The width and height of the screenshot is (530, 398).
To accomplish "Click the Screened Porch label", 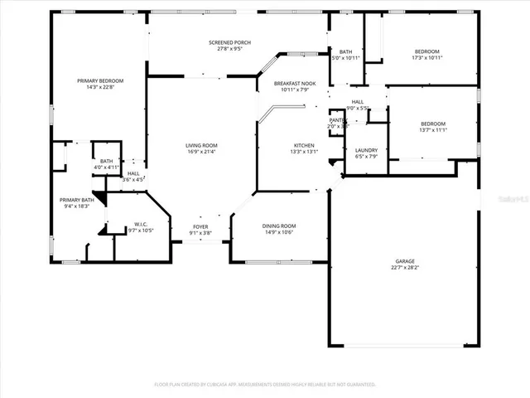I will (229, 42).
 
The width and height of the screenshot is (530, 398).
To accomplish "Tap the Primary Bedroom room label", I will (100, 80).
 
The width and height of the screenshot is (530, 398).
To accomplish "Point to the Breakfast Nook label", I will (296, 83).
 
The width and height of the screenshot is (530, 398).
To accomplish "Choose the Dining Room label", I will (279, 226).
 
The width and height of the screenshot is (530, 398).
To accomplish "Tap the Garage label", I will (405, 261).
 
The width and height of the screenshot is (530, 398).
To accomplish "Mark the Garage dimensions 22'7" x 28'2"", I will (405, 268).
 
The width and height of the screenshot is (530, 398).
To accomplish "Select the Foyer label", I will (200, 226).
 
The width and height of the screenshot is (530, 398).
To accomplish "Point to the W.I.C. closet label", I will (140, 223).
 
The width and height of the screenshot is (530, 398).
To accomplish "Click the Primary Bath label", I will (76, 200).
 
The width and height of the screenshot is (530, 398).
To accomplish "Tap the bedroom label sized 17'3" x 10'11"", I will (427, 51).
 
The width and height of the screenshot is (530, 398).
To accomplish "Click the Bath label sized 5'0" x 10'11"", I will (346, 51).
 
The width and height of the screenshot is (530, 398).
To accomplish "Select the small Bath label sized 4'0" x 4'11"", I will (107, 162).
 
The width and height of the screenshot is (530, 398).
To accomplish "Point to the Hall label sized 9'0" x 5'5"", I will (358, 101).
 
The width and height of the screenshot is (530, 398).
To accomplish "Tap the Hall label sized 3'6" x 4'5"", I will (132, 173).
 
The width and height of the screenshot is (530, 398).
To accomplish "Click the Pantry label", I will (336, 120).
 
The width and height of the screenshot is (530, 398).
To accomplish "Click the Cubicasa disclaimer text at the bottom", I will (265, 385).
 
